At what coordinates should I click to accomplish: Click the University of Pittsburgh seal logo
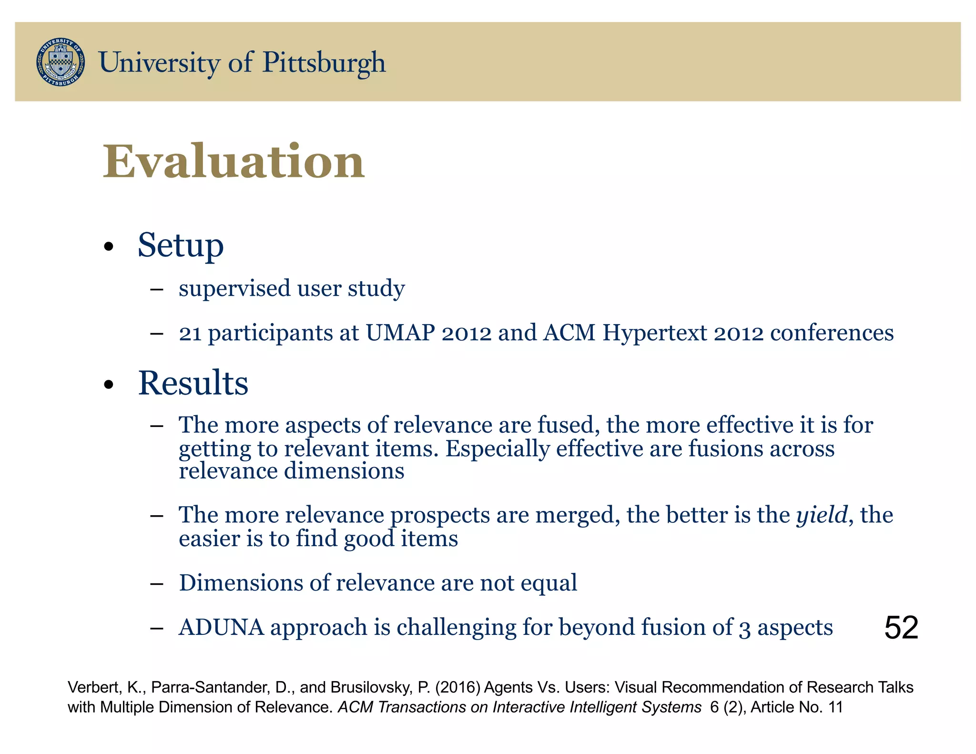(x=61, y=62)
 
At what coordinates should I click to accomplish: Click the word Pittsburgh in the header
(x=324, y=63)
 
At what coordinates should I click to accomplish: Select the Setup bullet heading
(x=181, y=245)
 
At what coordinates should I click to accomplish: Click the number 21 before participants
(x=190, y=333)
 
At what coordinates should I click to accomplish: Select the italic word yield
(x=822, y=515)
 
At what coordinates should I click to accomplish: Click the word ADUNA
(x=221, y=627)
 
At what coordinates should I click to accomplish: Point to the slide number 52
(x=901, y=628)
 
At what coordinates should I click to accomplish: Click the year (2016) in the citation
(x=457, y=687)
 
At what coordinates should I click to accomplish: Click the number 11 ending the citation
(x=836, y=707)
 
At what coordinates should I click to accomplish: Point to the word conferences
(x=832, y=333)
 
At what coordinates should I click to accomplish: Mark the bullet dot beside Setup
(x=109, y=247)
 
